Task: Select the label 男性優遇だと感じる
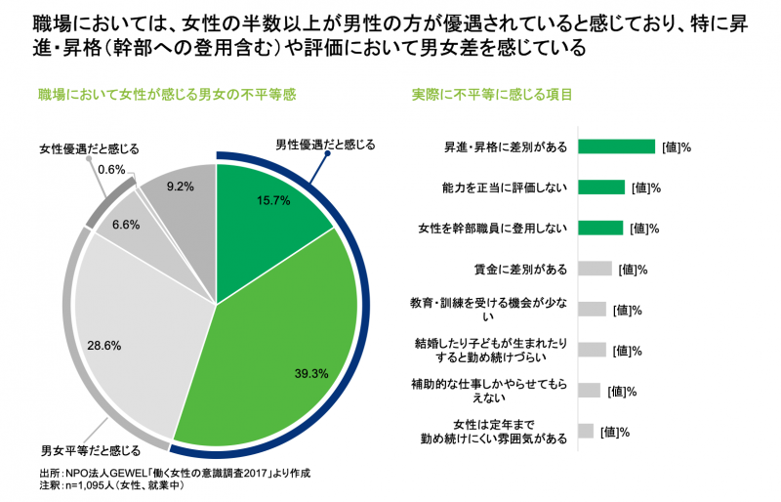tap(325, 146)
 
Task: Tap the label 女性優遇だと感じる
tap(89, 148)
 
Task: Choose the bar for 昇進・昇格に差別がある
tap(616, 146)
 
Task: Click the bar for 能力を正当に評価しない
tap(601, 187)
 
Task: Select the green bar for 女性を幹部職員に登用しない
tap(600, 228)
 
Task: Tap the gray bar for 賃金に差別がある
tap(595, 269)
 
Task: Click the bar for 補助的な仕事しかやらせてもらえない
tap(589, 391)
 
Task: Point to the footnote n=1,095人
tap(107, 485)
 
